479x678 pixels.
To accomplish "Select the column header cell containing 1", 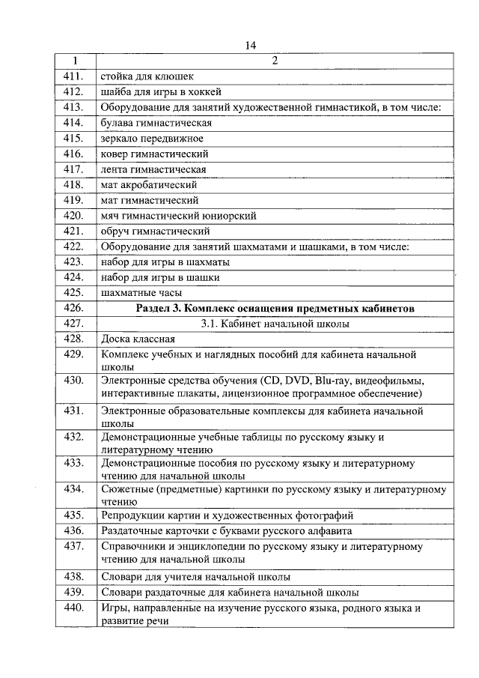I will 75,61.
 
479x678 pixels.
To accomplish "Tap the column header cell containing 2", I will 274,61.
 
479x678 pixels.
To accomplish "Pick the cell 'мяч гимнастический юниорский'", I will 178,216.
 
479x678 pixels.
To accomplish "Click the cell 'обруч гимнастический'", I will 155,231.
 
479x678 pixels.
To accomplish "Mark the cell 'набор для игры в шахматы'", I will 165,262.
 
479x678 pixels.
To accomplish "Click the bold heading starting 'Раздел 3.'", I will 275,309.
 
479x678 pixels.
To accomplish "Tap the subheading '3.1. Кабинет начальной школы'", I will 275,324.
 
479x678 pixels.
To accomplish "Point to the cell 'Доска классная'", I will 138,339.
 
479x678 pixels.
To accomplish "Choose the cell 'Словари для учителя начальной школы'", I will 195,577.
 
